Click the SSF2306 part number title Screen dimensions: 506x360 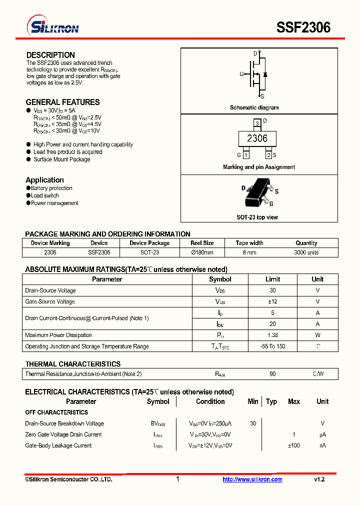[x=303, y=27]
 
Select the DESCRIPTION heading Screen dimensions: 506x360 [x=50, y=55]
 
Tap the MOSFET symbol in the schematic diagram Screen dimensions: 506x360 [x=256, y=74]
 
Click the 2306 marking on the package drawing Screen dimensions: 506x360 [x=257, y=138]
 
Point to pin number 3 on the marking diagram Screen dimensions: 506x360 [x=256, y=123]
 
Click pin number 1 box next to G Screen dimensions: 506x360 [x=246, y=155]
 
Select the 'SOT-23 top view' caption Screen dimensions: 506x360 [x=257, y=217]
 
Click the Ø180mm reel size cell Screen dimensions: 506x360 [x=202, y=252]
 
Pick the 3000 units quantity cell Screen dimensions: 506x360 [x=306, y=252]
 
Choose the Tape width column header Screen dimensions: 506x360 [x=249, y=243]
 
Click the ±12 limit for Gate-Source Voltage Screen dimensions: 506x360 [x=272, y=301]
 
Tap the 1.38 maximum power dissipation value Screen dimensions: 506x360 [x=272, y=335]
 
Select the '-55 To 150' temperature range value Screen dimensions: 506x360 [x=272, y=346]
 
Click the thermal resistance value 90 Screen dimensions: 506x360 [x=272, y=374]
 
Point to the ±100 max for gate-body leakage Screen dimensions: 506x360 [x=293, y=445]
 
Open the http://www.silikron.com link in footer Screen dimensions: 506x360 [x=252, y=479]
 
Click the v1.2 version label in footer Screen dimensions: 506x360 [x=319, y=479]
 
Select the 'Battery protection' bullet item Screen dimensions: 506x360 [x=51, y=188]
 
